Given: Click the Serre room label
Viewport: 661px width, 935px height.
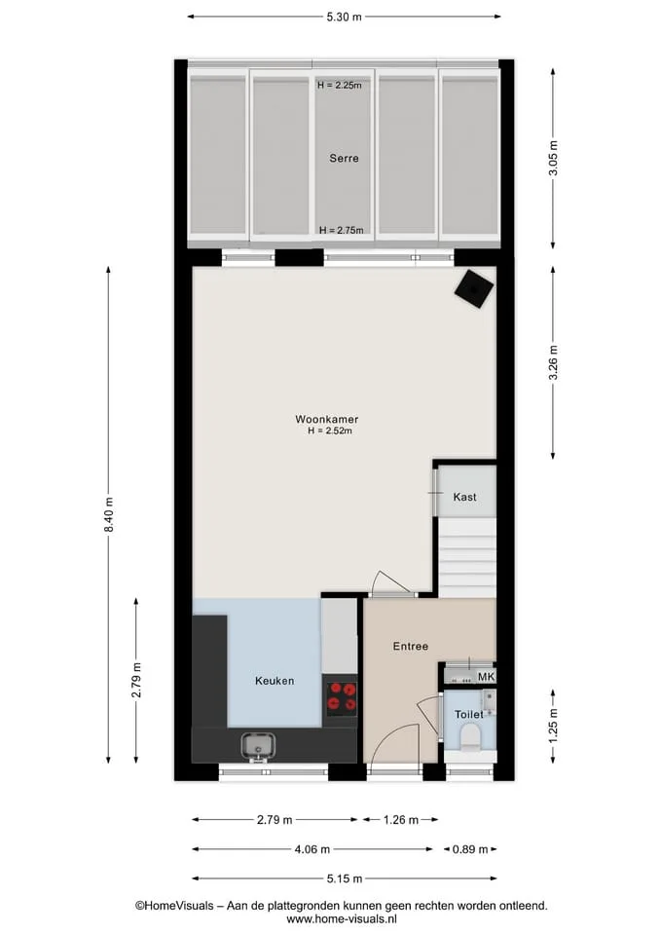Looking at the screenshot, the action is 344,158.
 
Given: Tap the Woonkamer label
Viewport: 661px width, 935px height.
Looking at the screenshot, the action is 327,419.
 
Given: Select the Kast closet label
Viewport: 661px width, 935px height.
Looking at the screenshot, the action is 465,497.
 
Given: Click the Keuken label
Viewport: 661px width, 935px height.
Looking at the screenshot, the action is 275,681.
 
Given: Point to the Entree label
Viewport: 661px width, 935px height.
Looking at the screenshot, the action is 411,646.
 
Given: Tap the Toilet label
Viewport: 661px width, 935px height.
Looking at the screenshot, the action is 469,714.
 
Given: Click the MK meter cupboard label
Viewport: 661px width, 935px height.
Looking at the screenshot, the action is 487,677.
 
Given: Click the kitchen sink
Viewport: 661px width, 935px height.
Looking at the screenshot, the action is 257,747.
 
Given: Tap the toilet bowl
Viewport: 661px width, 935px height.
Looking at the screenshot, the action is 471,738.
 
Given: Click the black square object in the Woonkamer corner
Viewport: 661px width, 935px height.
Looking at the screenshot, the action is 474,289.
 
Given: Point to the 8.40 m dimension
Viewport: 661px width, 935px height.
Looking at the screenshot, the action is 108,515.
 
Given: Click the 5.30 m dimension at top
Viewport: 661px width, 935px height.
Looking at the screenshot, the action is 344,17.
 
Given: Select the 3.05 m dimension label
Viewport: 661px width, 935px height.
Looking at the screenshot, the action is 553,159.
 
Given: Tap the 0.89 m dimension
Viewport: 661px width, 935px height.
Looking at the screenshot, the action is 470,849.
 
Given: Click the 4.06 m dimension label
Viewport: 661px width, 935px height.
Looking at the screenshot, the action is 312,849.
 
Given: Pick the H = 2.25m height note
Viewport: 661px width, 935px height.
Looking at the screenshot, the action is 339,86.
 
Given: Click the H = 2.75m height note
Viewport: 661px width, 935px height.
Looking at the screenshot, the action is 341,230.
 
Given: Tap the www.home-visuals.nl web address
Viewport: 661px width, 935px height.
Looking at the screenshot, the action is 342,918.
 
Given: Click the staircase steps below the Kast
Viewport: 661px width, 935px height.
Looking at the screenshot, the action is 468,557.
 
